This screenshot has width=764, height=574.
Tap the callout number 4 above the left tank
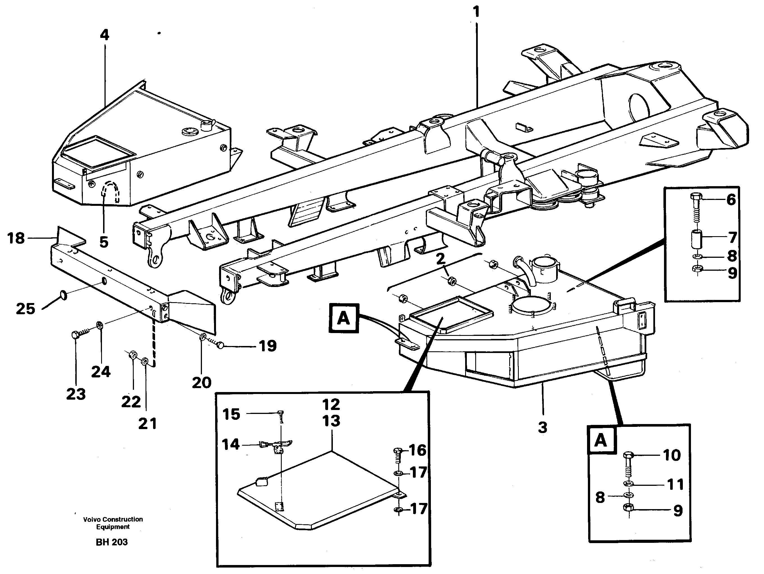(104, 35)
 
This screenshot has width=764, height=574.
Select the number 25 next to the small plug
(26, 309)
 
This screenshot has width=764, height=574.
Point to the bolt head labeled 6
(695, 197)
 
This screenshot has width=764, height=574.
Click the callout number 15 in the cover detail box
(231, 414)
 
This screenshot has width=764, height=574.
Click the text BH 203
(112, 542)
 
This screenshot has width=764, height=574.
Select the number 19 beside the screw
(268, 346)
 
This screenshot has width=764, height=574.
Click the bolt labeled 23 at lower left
(76, 335)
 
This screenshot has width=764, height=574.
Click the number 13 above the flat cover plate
(331, 421)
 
